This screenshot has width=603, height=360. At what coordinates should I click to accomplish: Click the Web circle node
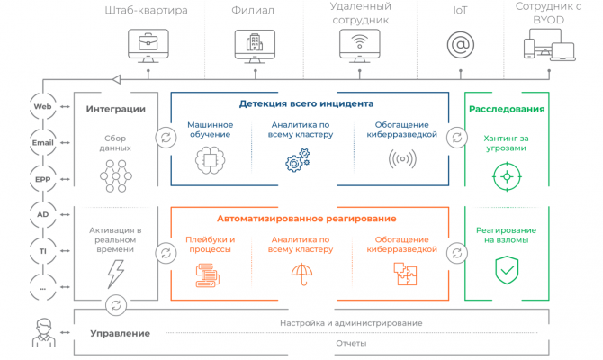[x=41, y=106]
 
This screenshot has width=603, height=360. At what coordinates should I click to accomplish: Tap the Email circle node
[x=41, y=142]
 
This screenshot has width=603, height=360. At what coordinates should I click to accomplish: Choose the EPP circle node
[x=41, y=178]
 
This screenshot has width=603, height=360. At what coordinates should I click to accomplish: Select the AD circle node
[x=41, y=215]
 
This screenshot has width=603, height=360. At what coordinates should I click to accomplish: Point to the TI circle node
[x=41, y=251]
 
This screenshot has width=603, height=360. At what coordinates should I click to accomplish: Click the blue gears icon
[x=297, y=162]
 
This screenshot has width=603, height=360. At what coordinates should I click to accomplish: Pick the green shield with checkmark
[x=507, y=269]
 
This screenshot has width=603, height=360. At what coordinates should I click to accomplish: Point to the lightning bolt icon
[x=116, y=271]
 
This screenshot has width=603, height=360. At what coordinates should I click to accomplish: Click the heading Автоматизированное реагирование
[x=307, y=218]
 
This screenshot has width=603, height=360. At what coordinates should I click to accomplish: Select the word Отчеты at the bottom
[x=350, y=343]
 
